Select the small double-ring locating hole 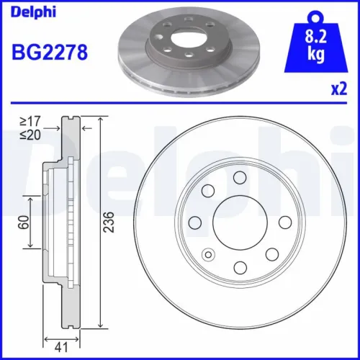[209, 253]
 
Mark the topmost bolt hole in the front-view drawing [240, 177]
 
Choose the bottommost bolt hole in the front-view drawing [240, 268]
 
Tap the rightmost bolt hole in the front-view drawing [272, 253]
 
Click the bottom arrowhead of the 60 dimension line [30, 246]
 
